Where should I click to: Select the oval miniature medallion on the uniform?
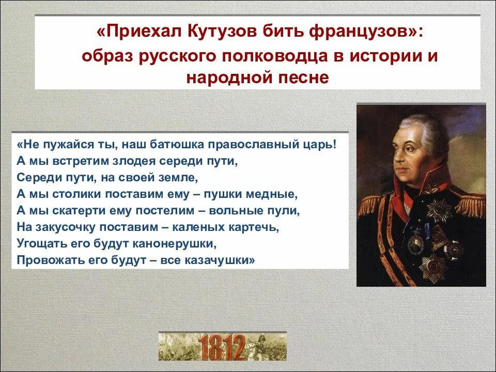416,243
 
